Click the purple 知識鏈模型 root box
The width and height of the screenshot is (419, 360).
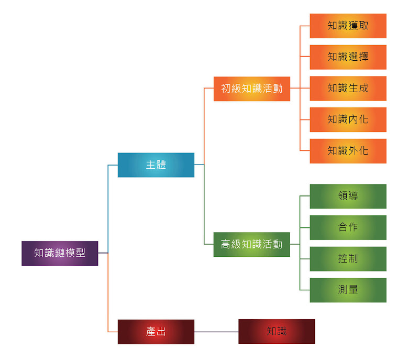coord(60,253)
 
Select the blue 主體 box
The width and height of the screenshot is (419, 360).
coord(156,165)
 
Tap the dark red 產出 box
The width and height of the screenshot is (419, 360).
coord(156,332)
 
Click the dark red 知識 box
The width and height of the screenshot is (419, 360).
coord(277,331)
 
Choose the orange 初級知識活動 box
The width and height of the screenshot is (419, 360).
coord(251,89)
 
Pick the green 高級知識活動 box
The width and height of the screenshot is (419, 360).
coord(251,244)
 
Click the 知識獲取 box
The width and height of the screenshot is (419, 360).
coord(348,26)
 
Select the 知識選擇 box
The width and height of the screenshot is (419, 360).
coord(348,57)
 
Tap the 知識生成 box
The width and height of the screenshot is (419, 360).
coord(348,88)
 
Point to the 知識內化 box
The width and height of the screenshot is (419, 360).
coord(348,119)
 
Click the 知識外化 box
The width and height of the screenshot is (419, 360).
coord(348,151)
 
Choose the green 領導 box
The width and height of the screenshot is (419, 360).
coord(348,196)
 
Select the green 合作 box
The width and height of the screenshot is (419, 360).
coord(348,227)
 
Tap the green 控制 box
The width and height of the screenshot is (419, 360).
coord(348,258)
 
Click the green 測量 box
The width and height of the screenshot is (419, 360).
coord(348,290)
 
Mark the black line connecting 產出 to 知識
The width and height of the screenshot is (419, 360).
coord(216,332)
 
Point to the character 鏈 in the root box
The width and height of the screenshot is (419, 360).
coord(60,253)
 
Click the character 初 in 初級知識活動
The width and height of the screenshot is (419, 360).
coord(226,89)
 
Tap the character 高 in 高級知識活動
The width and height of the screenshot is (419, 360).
coord(226,244)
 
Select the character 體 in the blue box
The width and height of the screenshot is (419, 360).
coord(161,165)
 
